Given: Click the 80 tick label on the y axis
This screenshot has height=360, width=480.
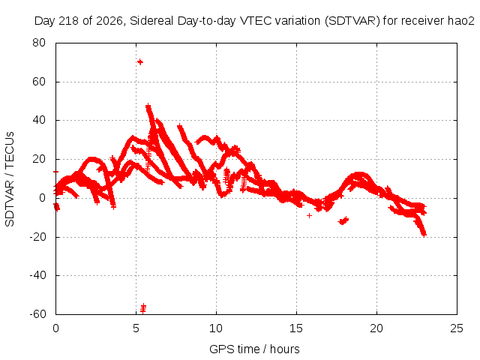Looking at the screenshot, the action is (x=39, y=43).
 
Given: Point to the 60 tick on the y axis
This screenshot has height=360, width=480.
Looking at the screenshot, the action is (x=39, y=82).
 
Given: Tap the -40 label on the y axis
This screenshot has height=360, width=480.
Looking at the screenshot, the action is (x=37, y=275).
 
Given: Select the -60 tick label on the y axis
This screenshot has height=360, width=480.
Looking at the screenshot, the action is (x=37, y=314).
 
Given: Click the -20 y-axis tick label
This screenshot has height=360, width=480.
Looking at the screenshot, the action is (x=37, y=237).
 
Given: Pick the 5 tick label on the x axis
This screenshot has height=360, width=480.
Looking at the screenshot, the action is (x=136, y=328).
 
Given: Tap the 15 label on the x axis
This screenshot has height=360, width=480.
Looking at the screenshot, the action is (x=296, y=328).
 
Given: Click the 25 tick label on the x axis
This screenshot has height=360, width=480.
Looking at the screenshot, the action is (x=457, y=328).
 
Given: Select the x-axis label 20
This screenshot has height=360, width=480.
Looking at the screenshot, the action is (x=376, y=328).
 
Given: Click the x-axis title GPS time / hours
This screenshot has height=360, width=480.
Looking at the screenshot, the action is (x=254, y=349).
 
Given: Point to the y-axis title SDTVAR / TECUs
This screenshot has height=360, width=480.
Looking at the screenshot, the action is (x=10, y=179).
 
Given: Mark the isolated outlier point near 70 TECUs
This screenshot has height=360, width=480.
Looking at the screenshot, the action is (x=140, y=61).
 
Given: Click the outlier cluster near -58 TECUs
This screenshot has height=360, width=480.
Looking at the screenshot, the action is (x=143, y=308).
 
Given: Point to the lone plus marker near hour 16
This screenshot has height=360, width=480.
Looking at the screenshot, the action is (x=309, y=215).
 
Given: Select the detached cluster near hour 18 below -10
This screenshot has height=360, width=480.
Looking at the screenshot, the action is (x=343, y=220).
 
